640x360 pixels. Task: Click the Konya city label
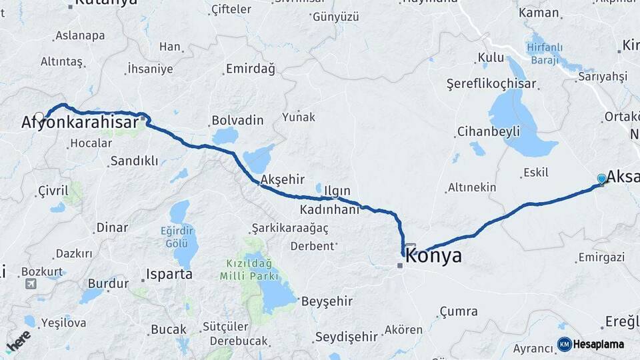pos(433,256)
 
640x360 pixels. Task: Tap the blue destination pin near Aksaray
pos(602,178)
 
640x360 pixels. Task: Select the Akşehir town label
pos(283,179)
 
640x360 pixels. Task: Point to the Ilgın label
pos(337,191)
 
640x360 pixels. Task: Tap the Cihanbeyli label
pos(488,131)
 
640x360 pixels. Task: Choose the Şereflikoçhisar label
pos(492,84)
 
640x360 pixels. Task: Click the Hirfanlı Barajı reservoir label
pos(545,53)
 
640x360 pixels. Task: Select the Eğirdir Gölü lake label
pos(176,237)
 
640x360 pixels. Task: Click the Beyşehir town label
pos(327,301)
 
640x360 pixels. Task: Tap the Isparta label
pos(170,274)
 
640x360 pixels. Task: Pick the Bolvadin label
pos(237,121)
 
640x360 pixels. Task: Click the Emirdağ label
pos(250,69)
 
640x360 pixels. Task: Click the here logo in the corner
pos(18,341)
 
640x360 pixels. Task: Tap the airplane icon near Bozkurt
pos(31,284)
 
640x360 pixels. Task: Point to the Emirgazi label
pos(601,257)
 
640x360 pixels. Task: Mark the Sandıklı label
pos(134,161)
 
